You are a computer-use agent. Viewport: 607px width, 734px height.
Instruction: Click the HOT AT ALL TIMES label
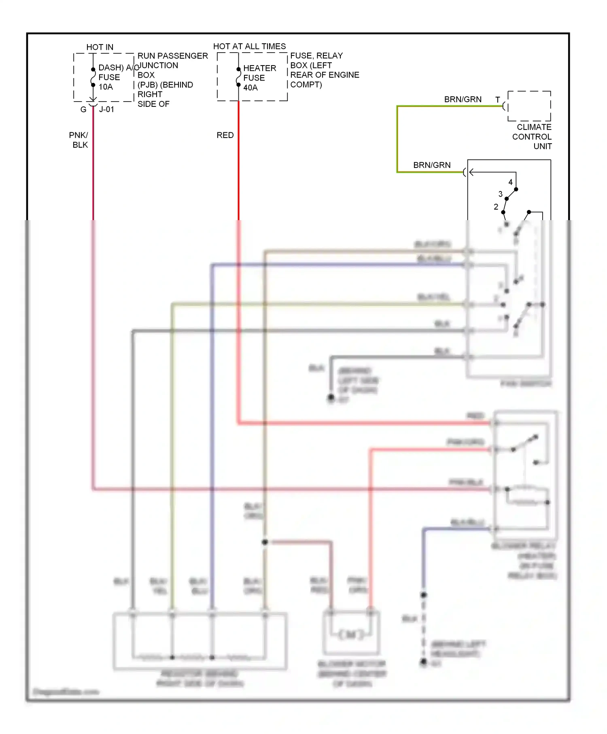(249, 47)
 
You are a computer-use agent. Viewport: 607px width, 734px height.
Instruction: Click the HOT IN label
(100, 47)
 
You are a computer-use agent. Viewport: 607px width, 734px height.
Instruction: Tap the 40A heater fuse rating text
(250, 88)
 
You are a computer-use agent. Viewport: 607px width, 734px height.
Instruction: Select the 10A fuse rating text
(106, 87)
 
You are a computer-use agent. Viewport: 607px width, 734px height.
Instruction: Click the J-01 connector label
(106, 110)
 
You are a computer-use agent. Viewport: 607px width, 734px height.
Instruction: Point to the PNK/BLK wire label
(79, 140)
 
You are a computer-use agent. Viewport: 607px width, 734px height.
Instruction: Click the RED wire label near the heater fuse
(225, 135)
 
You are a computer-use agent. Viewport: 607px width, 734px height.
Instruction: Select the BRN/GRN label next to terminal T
(463, 100)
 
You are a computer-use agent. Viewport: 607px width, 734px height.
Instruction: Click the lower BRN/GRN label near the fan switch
(432, 165)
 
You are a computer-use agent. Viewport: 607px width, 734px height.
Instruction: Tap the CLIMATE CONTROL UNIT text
(532, 137)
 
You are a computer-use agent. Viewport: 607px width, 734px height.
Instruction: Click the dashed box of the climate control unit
(529, 106)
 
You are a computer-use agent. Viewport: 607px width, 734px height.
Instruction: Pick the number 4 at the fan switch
(510, 182)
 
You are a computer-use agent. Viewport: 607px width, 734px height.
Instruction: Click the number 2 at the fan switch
(496, 207)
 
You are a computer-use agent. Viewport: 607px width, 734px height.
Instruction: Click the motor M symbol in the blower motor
(351, 635)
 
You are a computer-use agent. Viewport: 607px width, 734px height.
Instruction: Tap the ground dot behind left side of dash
(331, 398)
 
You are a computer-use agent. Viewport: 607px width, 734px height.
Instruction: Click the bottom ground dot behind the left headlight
(423, 662)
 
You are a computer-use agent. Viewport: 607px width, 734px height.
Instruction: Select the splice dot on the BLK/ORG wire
(265, 542)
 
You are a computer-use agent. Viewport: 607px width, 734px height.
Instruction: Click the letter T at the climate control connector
(498, 100)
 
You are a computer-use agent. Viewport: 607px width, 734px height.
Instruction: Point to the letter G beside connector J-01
(83, 110)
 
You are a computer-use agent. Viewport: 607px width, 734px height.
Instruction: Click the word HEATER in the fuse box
(259, 68)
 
